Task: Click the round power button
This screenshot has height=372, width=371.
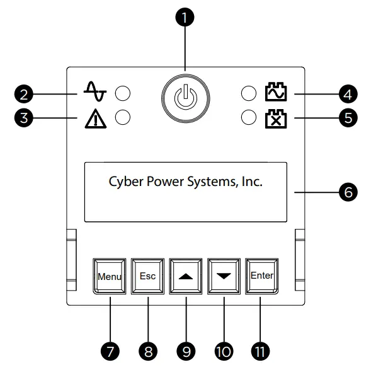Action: coord(185,98)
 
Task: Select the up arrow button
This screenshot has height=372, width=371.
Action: coord(186,276)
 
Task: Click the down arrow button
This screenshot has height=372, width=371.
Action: coord(224,276)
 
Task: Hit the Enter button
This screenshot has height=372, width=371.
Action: coord(262,276)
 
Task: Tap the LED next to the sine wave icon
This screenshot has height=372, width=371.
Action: coord(122,95)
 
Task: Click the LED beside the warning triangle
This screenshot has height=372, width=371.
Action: coord(122,117)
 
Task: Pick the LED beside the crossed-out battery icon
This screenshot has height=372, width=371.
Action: coord(249,117)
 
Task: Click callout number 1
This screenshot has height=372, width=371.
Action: coord(185,18)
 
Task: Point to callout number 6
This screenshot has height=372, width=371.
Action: coord(346,192)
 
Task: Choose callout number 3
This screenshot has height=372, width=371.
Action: coord(25,118)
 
